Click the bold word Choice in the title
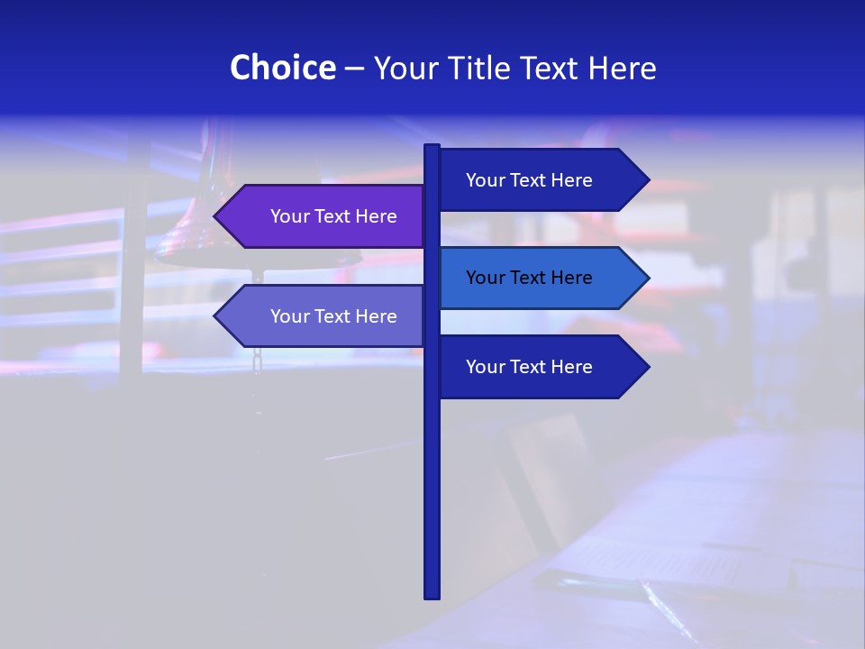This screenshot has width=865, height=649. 282,68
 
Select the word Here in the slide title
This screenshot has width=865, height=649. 622,68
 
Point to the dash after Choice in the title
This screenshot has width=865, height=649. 354,69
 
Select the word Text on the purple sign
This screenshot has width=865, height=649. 333,216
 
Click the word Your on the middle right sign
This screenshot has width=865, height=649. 485,278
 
